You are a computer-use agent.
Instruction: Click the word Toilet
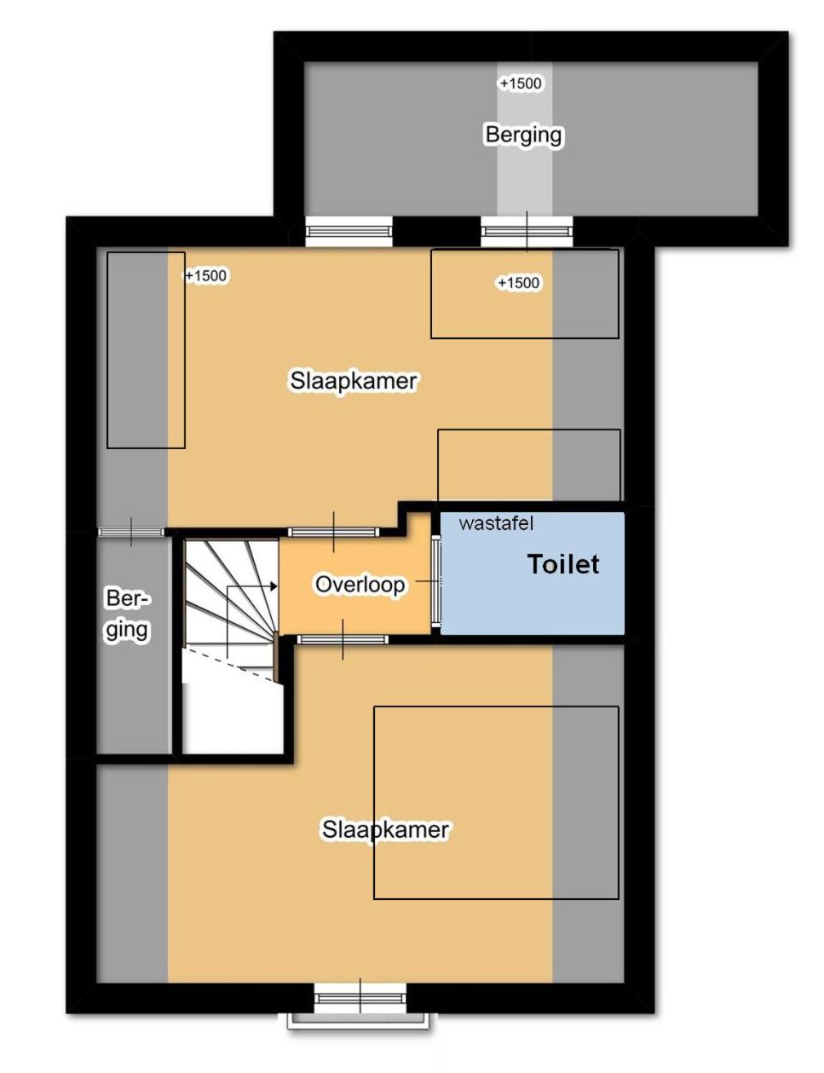tap(563, 564)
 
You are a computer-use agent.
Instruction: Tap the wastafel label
tap(496, 523)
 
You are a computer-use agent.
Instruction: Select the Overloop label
tap(360, 585)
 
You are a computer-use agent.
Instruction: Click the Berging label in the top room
tap(523, 135)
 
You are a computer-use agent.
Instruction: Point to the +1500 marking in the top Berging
tap(521, 84)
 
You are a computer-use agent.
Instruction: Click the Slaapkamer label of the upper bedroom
tap(354, 381)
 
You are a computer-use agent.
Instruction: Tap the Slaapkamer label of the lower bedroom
tap(385, 829)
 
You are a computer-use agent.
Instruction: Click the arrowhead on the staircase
tap(273, 586)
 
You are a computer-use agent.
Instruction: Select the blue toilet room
tap(533, 574)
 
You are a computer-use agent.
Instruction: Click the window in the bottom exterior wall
tap(360, 999)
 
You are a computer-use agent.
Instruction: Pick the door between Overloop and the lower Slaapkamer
tap(343, 640)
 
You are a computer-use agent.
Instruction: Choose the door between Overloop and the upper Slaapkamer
tap(334, 532)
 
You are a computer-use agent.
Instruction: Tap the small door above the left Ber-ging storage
tap(131, 532)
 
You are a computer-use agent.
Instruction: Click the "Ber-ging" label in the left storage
tap(127, 614)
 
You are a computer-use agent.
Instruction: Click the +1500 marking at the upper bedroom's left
tap(206, 275)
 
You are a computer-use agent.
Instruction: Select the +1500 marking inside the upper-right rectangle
tap(518, 283)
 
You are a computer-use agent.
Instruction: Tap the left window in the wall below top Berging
tap(349, 231)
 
